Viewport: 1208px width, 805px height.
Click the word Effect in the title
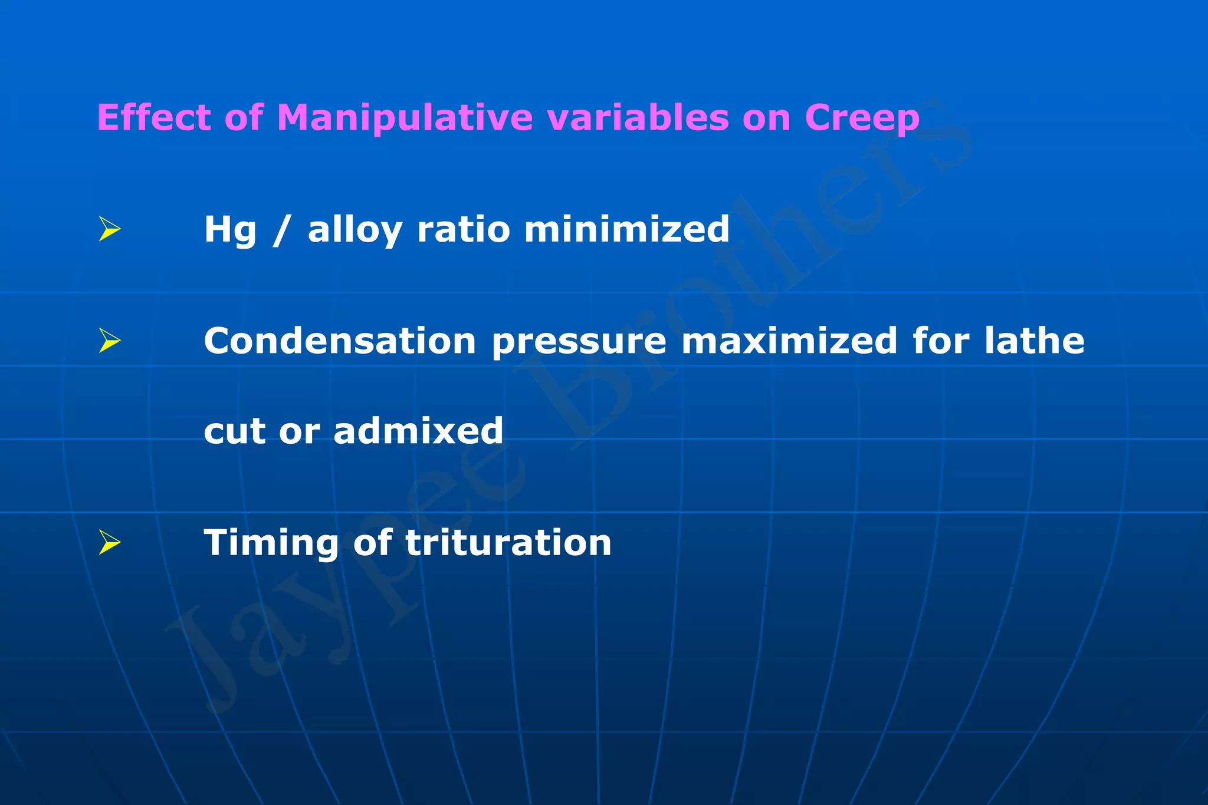coord(153,117)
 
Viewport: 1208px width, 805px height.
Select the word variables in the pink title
coord(638,117)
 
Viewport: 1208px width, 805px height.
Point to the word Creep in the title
coord(862,118)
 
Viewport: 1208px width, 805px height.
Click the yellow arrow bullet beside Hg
coord(110,229)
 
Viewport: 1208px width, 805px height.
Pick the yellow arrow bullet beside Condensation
coord(110,341)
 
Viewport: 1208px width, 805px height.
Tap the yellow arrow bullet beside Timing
coord(110,542)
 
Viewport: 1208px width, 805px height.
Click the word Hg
coord(230,230)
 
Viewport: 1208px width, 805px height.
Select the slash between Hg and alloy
coord(282,230)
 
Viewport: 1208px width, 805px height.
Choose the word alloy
coord(354,230)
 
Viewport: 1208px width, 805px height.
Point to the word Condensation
coord(340,341)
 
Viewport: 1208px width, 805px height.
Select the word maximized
coord(789,341)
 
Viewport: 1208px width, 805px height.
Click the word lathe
coord(1034,341)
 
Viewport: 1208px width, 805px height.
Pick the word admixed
coord(418,431)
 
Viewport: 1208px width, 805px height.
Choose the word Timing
coord(271,543)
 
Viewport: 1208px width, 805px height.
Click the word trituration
coord(508,542)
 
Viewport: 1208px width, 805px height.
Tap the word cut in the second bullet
coord(234,431)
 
